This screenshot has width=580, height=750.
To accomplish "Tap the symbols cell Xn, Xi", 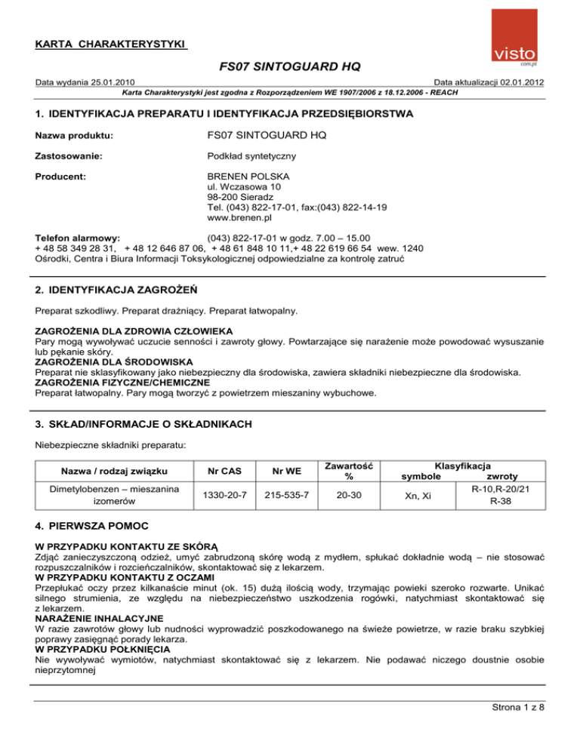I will (x=430, y=495).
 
